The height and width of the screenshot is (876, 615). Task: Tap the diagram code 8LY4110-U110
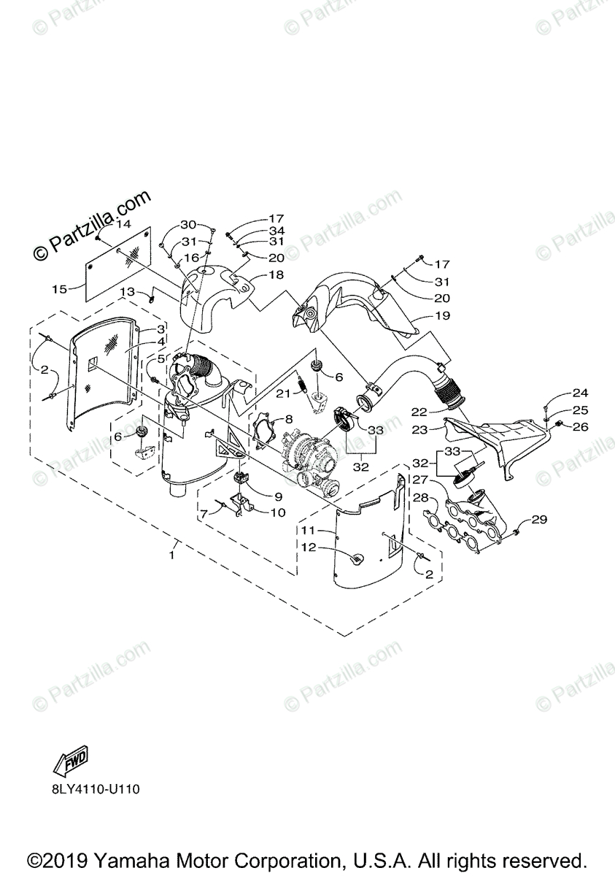tap(95, 788)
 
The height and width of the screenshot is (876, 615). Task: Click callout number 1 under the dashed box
tap(173, 556)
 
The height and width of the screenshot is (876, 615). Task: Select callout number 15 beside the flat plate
tap(59, 289)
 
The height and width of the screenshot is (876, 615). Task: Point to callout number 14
tap(123, 225)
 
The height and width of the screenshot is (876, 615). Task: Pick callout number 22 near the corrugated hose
tap(419, 412)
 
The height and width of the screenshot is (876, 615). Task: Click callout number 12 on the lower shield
tap(310, 547)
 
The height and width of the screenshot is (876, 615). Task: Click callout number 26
tap(580, 427)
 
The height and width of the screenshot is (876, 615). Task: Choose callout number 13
tap(127, 291)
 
